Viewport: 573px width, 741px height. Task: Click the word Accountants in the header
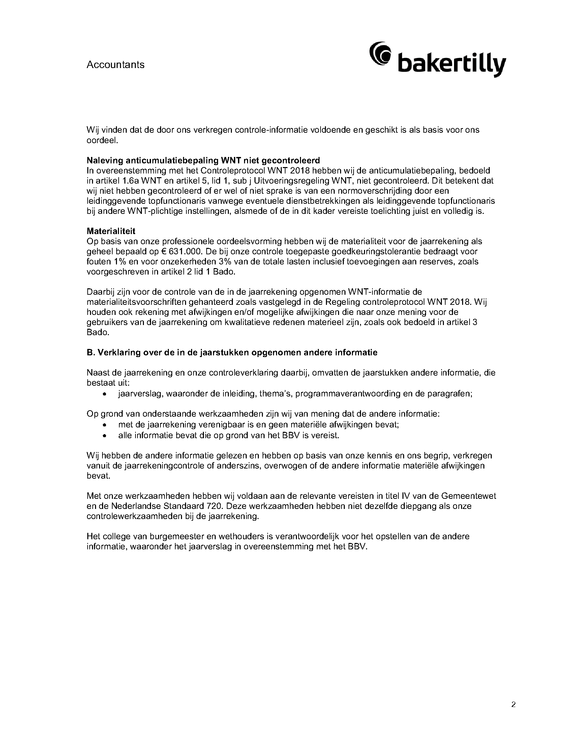[x=115, y=64]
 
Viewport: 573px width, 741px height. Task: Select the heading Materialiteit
[x=111, y=231]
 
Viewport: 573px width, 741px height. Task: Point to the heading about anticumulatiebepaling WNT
[x=203, y=160]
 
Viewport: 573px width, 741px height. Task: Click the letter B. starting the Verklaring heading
[x=90, y=353]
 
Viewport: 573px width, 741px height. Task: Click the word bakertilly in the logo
[x=451, y=64]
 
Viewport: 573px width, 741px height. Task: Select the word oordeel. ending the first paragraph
[x=102, y=140]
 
